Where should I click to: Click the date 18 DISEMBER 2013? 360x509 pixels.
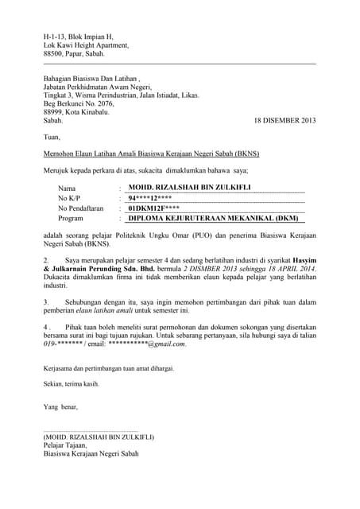[x=285, y=120]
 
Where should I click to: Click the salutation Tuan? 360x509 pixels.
[x=52, y=137]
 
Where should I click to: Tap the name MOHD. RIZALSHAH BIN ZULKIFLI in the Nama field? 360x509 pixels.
[x=179, y=187]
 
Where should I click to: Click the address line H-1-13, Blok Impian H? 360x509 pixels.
[x=79, y=37]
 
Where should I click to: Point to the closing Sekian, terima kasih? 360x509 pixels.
[x=72, y=383]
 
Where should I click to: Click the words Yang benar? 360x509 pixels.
[x=61, y=406]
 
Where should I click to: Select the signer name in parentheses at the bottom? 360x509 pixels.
[x=99, y=437]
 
